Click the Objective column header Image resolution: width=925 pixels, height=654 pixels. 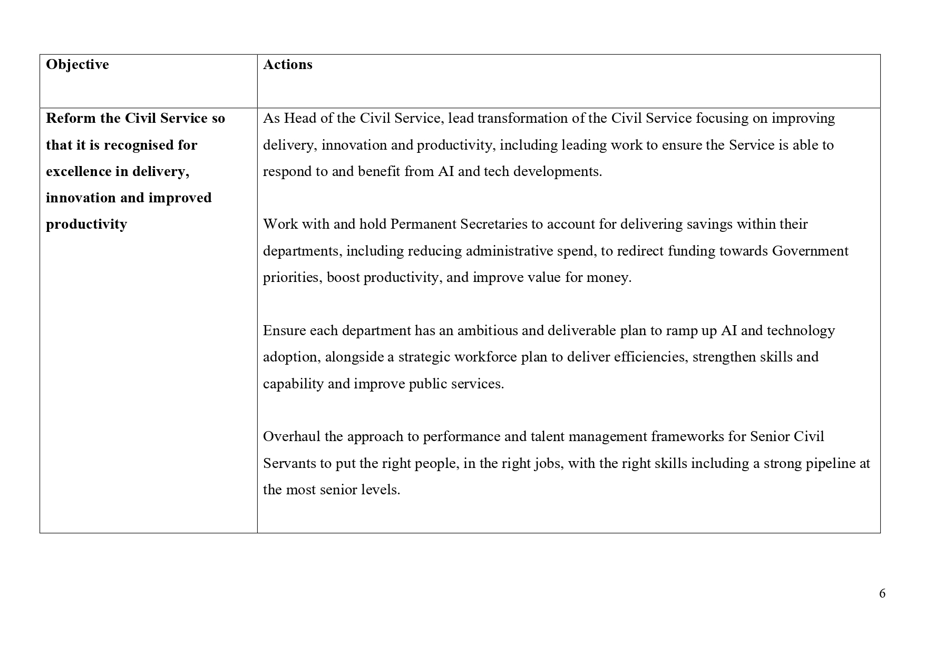[77, 65]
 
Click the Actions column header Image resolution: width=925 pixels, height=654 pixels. [288, 65]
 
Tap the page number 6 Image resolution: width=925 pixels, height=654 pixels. [882, 593]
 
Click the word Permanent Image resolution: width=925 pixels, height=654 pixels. [423, 224]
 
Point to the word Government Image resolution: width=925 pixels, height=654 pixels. [810, 251]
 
